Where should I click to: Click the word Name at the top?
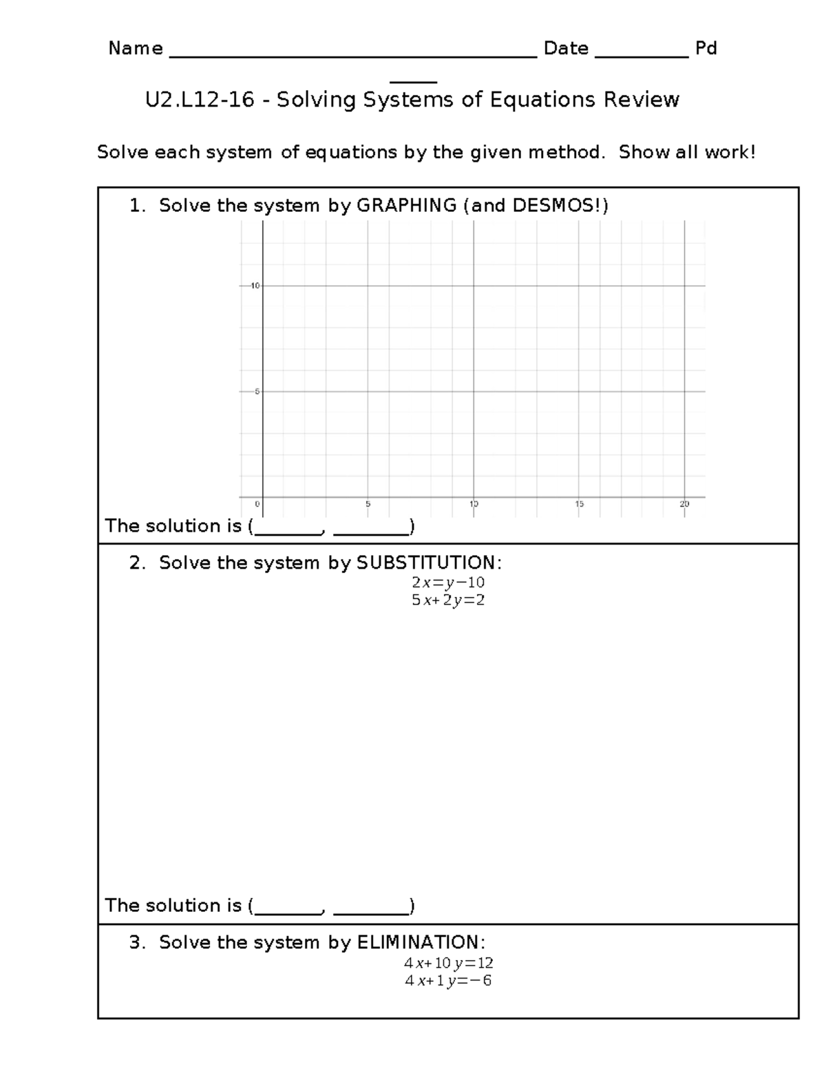136,49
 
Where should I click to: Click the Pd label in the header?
706,49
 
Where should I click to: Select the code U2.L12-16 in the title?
200,100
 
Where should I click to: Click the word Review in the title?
642,100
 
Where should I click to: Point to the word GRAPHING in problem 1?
406,206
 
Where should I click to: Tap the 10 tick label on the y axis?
255,285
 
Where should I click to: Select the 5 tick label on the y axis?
257,391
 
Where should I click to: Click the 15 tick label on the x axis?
580,504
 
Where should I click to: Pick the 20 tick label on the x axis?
684,504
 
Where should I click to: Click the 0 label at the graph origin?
257,504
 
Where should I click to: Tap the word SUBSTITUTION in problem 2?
426,563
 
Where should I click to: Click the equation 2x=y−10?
448,582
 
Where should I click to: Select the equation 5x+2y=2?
448,600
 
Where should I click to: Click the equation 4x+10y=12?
449,963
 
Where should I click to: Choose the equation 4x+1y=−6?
449,981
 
